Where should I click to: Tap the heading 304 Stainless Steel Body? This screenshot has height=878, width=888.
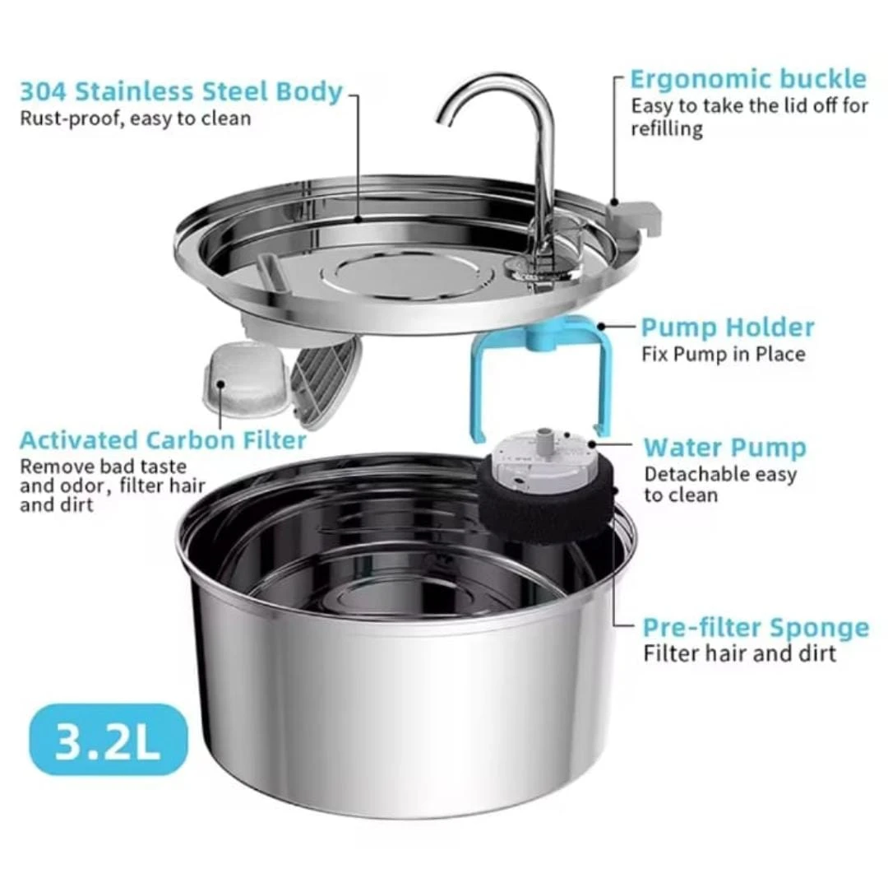coord(181,91)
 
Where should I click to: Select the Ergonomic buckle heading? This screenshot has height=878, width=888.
coord(747,79)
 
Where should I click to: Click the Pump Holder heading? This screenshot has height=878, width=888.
coord(727,328)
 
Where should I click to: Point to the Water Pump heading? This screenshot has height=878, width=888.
coord(724,448)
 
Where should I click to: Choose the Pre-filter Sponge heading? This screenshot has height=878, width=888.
coord(755,628)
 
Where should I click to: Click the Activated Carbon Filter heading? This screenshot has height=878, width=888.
coord(163,440)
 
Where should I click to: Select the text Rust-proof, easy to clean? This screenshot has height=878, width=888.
coord(135,118)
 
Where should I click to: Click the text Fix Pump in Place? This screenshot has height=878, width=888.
coord(723,355)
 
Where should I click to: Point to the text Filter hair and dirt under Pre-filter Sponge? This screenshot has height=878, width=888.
coord(739,654)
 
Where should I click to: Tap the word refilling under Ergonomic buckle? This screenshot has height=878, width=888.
coord(666,129)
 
